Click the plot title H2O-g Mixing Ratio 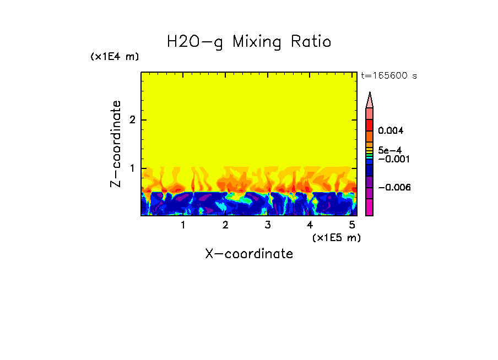click(x=249, y=42)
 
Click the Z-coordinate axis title click(x=116, y=144)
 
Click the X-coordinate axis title click(x=249, y=254)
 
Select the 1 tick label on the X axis click(x=183, y=225)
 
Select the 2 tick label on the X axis click(x=225, y=225)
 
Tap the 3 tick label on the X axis click(x=268, y=225)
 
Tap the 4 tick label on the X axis click(x=310, y=225)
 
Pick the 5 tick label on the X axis click(x=352, y=225)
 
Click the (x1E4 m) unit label click(x=115, y=57)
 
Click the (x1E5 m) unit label click(x=336, y=237)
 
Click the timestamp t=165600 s click(x=388, y=75)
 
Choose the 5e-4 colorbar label click(x=389, y=150)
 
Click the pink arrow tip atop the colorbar click(x=370, y=100)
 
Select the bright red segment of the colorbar click(x=369, y=125)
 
